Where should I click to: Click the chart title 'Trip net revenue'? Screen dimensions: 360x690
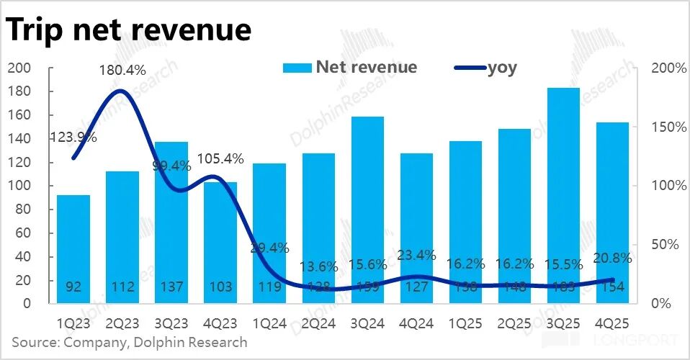130,30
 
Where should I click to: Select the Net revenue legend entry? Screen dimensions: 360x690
350,68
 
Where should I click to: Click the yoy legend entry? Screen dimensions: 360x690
486,68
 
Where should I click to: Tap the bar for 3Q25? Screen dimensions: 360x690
563,194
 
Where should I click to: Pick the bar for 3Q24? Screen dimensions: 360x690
367,209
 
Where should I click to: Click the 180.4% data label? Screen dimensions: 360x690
122,71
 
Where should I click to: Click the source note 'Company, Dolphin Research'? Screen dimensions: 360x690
130,342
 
